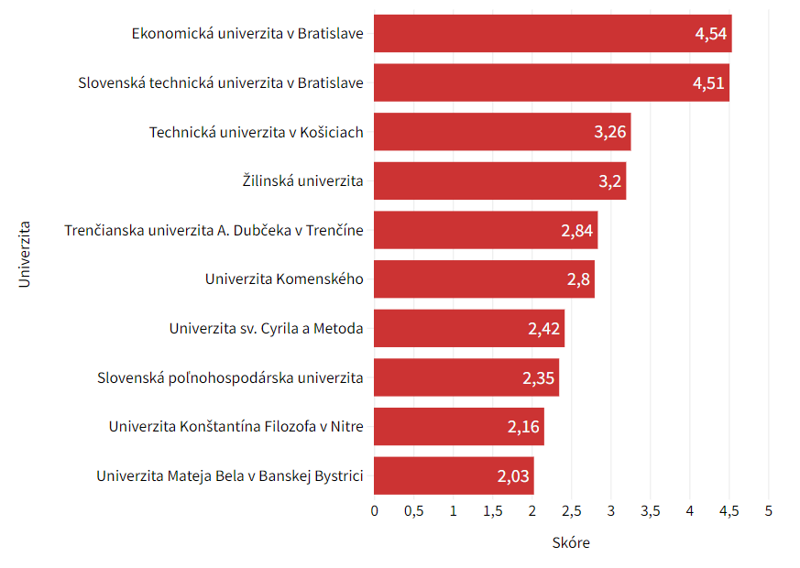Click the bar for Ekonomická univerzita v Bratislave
[553, 34]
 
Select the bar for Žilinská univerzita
[499, 180]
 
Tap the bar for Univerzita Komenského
[484, 279]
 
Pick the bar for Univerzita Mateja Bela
[454, 475]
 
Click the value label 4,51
[708, 83]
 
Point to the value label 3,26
[610, 132]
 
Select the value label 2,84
[577, 230]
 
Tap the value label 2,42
[544, 328]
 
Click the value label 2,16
[523, 427]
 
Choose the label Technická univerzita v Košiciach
[257, 132]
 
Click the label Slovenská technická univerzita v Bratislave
[221, 83]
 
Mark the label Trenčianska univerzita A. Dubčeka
[214, 230]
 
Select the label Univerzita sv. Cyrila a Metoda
[267, 328]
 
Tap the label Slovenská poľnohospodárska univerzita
[230, 377]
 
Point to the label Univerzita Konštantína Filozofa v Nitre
[236, 427]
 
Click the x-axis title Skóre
[571, 543]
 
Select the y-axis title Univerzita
[25, 254]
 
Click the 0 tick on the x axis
[375, 509]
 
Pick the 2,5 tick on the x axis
[571, 509]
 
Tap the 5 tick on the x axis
[768, 509]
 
